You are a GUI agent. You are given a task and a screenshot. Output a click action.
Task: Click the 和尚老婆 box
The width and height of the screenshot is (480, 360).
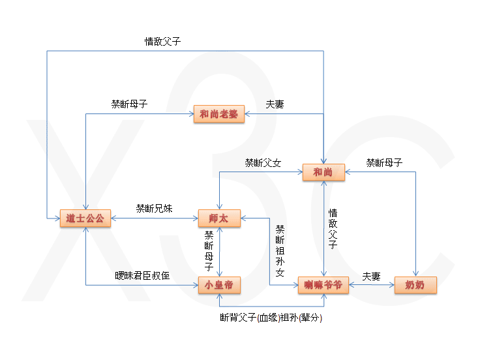click(x=219, y=115)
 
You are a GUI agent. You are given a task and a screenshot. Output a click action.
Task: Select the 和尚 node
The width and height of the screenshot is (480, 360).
click(x=323, y=172)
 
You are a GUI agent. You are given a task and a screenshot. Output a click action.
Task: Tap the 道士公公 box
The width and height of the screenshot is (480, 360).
click(x=85, y=218)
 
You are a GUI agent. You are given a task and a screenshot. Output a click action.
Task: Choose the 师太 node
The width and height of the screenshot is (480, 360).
click(x=219, y=218)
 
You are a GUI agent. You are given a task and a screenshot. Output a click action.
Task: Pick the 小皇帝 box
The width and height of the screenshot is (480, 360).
click(x=219, y=285)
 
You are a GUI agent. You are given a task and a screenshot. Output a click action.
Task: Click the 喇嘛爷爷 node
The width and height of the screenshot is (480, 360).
click(x=323, y=285)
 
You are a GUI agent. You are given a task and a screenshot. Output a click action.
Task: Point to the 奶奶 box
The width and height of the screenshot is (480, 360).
click(x=415, y=285)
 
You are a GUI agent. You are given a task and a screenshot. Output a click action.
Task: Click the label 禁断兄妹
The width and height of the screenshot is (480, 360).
click(x=154, y=209)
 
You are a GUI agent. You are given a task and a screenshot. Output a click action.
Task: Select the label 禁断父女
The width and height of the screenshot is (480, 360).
click(x=263, y=162)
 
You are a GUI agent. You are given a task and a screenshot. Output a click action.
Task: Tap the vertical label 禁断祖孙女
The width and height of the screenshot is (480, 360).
click(x=280, y=251)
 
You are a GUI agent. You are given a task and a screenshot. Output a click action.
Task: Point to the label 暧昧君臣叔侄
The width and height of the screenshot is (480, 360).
click(x=142, y=276)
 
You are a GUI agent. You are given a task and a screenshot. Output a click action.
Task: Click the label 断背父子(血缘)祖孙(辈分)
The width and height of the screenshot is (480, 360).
click(x=271, y=318)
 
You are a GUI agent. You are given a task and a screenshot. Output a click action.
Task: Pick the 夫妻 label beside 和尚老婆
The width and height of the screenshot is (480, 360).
click(x=275, y=104)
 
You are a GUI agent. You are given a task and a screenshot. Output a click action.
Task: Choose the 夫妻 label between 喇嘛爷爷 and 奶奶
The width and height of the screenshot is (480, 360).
click(x=371, y=276)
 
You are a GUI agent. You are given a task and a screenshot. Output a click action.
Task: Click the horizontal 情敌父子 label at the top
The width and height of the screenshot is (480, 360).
click(x=162, y=41)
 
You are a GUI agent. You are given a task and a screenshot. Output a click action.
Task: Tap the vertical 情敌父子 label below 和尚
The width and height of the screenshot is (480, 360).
click(x=333, y=229)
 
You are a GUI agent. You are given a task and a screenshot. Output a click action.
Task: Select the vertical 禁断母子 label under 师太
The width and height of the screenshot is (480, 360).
click(x=209, y=251)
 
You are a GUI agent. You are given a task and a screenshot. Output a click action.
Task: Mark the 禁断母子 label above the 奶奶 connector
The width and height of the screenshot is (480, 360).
click(x=383, y=162)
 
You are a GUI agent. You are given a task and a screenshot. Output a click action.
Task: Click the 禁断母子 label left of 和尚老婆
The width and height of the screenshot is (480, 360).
click(x=129, y=104)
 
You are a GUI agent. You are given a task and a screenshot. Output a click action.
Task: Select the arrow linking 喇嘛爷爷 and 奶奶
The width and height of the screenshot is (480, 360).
click(x=372, y=285)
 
